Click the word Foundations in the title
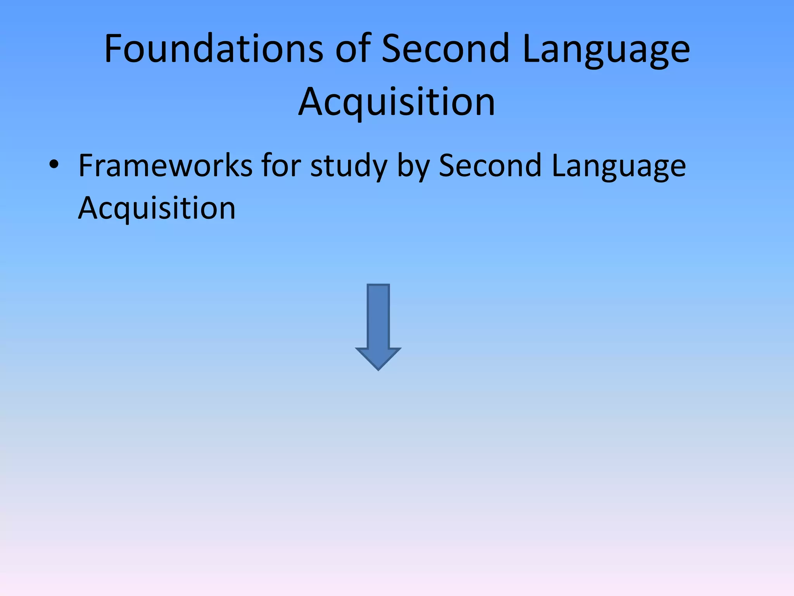click(214, 49)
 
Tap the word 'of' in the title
click(352, 49)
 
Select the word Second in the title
click(445, 49)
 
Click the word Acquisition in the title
click(397, 102)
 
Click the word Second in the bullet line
click(490, 166)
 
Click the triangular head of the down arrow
click(378, 357)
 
